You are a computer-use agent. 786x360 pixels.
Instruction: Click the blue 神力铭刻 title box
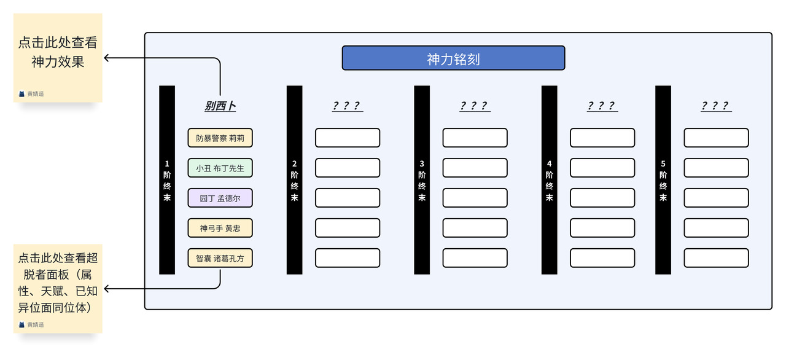coord(453,58)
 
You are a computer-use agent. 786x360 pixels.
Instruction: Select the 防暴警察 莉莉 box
coord(220,138)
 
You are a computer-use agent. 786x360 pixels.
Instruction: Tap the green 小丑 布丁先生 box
coord(220,168)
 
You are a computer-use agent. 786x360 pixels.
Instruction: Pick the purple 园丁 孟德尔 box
coord(220,198)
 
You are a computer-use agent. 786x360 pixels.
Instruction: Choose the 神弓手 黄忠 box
coord(220,228)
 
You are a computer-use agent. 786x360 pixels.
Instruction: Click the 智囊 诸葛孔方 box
coord(220,258)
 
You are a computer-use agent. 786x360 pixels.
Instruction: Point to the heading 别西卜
coord(220,106)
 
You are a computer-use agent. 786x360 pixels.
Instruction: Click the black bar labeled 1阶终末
coord(167,180)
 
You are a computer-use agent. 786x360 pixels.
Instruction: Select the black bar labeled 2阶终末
coord(294,180)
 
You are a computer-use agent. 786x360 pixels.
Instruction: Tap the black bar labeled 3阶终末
coord(422,180)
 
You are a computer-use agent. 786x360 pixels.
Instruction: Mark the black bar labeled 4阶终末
coord(549,180)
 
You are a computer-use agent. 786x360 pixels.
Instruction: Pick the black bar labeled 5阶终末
coord(663,180)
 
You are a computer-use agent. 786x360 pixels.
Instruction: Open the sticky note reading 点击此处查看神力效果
coord(58,58)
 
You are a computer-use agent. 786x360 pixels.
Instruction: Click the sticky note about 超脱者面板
coord(58,289)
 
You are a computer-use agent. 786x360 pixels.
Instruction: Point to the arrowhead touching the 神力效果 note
coord(107,58)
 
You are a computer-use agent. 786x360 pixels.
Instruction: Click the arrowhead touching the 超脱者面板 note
coord(107,289)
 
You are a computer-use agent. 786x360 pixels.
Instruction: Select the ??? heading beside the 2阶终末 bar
coord(348,106)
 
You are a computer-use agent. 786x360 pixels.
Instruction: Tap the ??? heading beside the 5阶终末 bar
coord(716,106)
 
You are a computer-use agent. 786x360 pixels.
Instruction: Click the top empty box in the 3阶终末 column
coord(475,138)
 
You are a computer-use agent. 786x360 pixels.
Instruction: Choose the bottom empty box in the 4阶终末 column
coord(602,258)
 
